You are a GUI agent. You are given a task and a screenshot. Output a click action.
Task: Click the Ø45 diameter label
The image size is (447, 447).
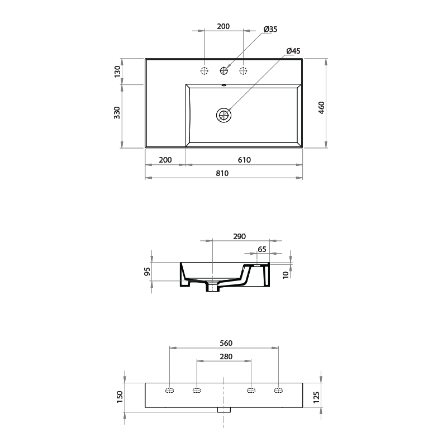293,51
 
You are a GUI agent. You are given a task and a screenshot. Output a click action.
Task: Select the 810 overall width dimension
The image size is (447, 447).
222,173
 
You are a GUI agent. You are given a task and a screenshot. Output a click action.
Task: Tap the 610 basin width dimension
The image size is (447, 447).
244,160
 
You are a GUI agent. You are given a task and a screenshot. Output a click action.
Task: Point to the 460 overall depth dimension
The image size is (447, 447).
322,108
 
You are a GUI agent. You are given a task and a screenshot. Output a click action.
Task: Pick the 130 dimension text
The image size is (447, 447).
117,71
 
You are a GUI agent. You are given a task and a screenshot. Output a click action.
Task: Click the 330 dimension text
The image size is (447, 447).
117,112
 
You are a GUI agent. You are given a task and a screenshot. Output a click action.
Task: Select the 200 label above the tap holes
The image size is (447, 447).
223,26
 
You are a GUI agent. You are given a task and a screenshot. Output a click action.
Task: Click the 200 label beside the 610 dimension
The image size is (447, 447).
165,160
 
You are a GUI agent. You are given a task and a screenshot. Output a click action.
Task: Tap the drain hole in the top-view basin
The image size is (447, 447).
224,116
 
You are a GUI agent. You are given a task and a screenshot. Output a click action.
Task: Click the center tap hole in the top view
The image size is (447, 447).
224,70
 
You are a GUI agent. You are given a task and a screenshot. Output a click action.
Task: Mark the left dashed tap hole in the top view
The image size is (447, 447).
205,70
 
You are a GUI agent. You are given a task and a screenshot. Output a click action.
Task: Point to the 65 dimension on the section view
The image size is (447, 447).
261,249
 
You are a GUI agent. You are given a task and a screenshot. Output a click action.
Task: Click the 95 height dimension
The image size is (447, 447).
147,272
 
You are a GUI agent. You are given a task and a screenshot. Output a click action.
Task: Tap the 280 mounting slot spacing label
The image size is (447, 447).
226,356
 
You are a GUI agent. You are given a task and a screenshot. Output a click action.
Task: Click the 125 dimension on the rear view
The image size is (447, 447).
316,397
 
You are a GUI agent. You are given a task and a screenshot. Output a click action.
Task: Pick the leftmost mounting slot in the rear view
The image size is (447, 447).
170,390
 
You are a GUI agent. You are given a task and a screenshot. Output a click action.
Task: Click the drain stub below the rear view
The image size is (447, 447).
224,410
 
